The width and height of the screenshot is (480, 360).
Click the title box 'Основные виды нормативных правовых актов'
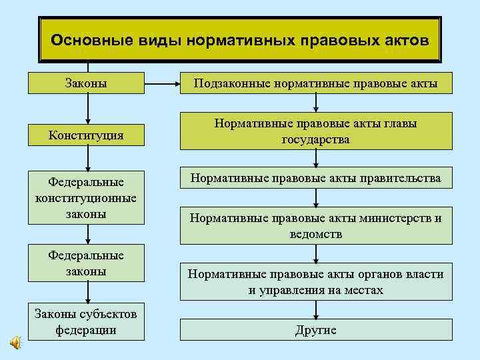240,40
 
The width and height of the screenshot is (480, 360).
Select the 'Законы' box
87,83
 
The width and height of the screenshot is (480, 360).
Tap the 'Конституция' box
87,135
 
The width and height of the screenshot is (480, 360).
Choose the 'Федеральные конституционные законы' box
87,198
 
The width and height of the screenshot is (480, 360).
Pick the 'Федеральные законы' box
87,263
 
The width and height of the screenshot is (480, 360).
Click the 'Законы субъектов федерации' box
87,322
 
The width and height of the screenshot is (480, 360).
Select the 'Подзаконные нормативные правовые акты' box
315,83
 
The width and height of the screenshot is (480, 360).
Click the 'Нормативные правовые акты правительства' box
315,178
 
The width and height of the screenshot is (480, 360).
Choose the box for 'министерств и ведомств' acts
315,226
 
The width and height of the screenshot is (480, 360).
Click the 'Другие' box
315,330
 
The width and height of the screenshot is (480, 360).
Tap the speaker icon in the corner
15,342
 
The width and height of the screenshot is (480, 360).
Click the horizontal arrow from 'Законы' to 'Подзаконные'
161,84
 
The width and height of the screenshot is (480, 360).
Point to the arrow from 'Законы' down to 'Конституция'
87,109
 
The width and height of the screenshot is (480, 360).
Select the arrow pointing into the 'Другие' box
316,310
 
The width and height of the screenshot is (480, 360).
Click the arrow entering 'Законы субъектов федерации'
87,295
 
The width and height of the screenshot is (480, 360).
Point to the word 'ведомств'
315,234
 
